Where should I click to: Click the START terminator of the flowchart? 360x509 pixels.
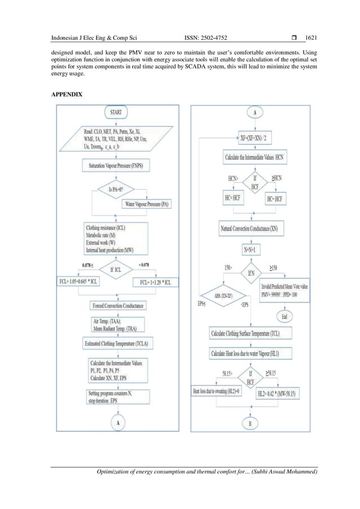(117, 112)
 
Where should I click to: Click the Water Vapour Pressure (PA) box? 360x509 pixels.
(148, 204)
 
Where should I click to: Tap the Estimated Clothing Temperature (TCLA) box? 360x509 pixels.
(117, 343)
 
